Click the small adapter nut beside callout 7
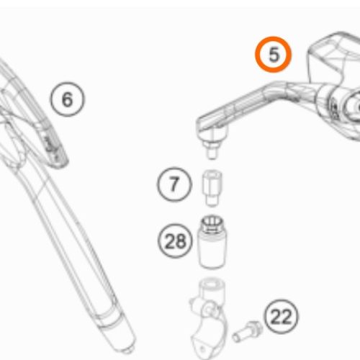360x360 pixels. [212, 188]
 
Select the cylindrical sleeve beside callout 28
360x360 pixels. [212, 241]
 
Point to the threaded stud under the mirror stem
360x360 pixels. [212, 150]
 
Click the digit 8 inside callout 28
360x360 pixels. [181, 240]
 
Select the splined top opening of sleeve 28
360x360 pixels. [212, 222]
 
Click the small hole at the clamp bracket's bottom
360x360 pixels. [203, 348]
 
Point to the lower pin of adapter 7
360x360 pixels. [212, 200]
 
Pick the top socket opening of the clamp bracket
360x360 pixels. [211, 284]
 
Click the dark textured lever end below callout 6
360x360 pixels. [54, 149]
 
